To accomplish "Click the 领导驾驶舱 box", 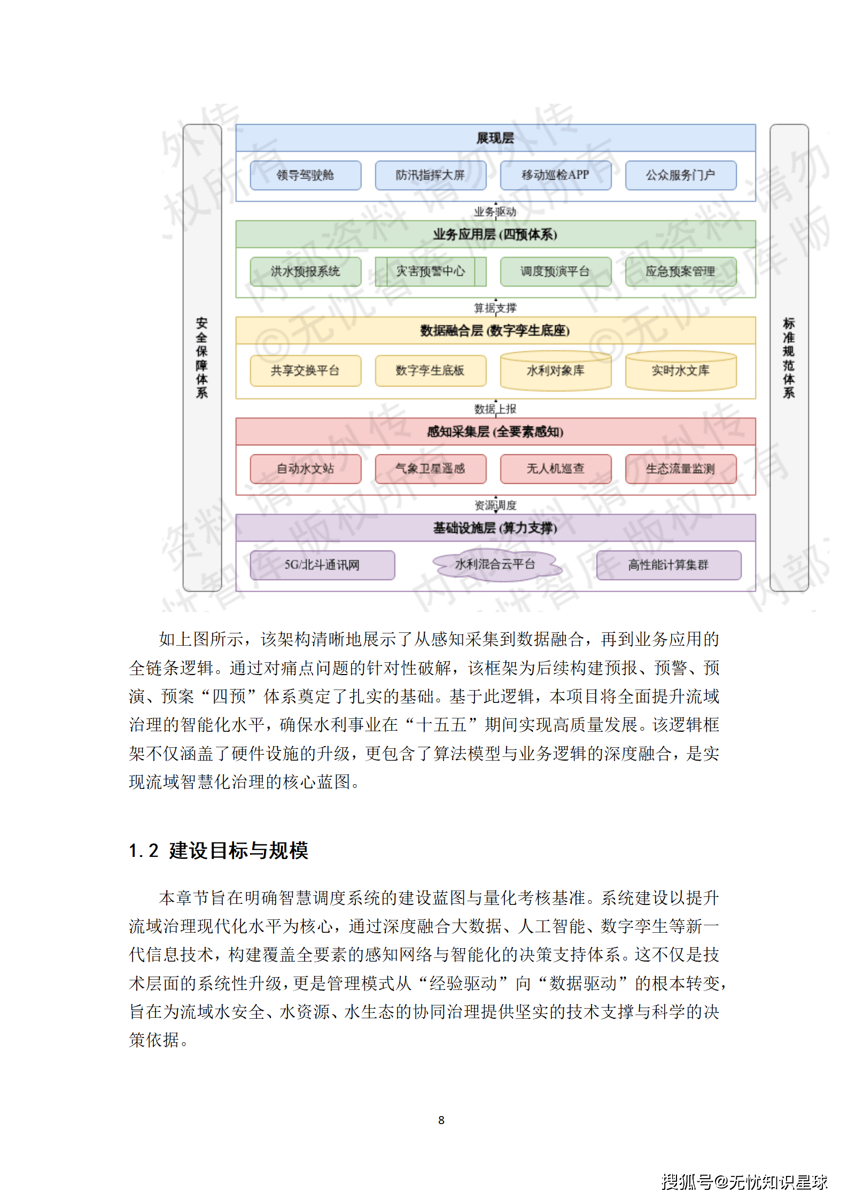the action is click(x=305, y=175).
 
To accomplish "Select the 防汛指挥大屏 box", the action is click(x=430, y=175).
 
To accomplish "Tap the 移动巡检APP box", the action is click(x=555, y=175).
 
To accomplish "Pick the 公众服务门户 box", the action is click(x=680, y=175).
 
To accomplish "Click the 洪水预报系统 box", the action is click(x=305, y=272).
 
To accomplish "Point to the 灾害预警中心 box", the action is click(x=430, y=272).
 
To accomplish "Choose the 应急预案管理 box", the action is click(x=680, y=272).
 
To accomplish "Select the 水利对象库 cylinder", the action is click(x=555, y=370).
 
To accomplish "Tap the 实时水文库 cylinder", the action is click(x=680, y=370).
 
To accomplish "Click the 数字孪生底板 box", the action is click(x=430, y=370).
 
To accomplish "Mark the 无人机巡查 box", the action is click(x=555, y=469).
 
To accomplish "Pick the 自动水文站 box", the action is click(x=305, y=469).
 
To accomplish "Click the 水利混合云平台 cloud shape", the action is click(x=495, y=564).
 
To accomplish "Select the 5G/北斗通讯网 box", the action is click(x=322, y=565).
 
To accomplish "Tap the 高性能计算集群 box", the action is click(x=668, y=565).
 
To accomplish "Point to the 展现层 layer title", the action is click(x=495, y=138).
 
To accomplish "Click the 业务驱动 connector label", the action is click(x=495, y=212).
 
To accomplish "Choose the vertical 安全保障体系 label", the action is click(x=202, y=358).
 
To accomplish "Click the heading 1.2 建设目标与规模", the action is click(x=219, y=850).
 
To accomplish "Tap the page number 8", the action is click(x=441, y=1120).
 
